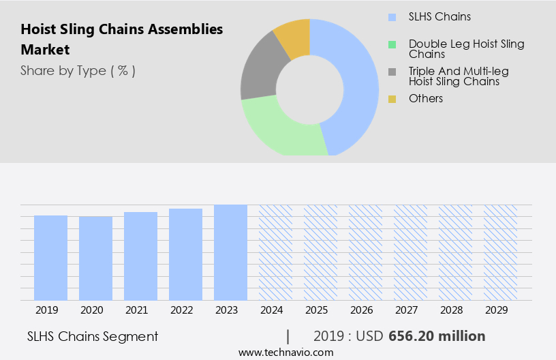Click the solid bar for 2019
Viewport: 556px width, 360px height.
pos(50,258)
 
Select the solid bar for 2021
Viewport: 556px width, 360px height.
pos(140,256)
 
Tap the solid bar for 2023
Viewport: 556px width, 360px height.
pos(230,252)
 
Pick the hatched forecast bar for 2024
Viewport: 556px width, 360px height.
pos(275,252)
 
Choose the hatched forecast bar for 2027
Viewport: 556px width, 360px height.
pos(410,252)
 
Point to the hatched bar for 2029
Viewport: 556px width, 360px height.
pos(500,252)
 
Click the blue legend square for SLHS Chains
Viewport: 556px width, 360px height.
pos(392,17)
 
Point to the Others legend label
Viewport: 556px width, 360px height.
pos(426,99)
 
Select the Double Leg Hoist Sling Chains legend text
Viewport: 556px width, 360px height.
pos(466,49)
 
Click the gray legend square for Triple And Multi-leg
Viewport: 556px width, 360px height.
pos(392,72)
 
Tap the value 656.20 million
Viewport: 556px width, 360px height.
pos(437,336)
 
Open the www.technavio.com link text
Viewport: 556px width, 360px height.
pos(285,352)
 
